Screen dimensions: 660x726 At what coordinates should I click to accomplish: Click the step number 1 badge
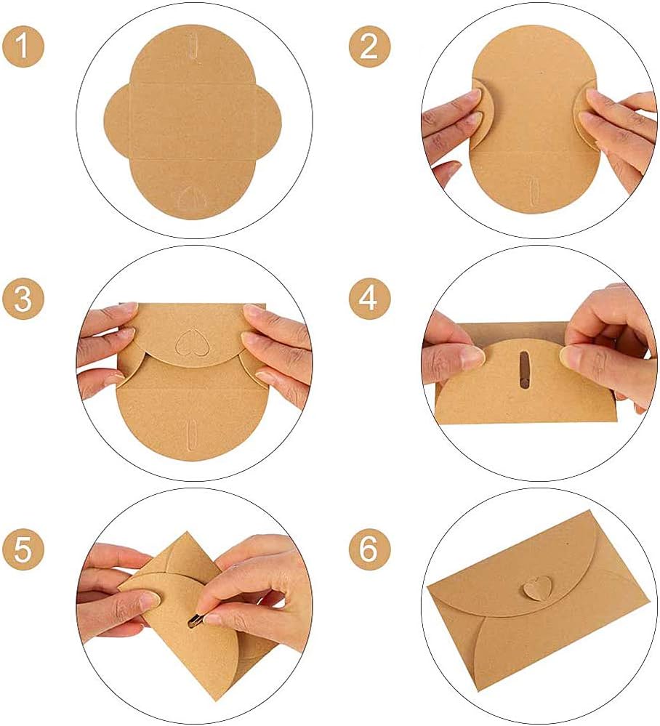tap(23, 47)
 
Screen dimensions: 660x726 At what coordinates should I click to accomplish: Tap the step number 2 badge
tap(369, 47)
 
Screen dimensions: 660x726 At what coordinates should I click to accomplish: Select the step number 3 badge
tap(23, 298)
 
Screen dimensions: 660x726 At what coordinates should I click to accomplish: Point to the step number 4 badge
tap(369, 298)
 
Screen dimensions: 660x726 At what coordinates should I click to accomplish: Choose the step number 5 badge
tap(23, 549)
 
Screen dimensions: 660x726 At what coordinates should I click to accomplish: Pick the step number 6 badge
tap(369, 549)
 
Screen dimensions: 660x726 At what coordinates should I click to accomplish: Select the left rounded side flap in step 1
tap(117, 121)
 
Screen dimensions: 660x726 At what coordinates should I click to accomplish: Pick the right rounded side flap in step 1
tap(269, 121)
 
